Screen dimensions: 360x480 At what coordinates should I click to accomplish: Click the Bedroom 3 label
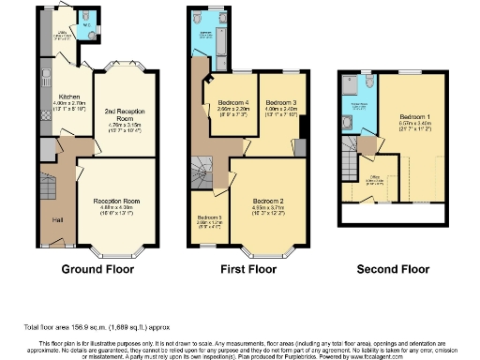click(280, 101)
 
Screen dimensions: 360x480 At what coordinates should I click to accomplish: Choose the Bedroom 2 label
click(267, 201)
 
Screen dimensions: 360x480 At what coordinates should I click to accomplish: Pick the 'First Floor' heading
click(247, 269)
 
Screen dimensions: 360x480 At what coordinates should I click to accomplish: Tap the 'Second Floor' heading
click(395, 269)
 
